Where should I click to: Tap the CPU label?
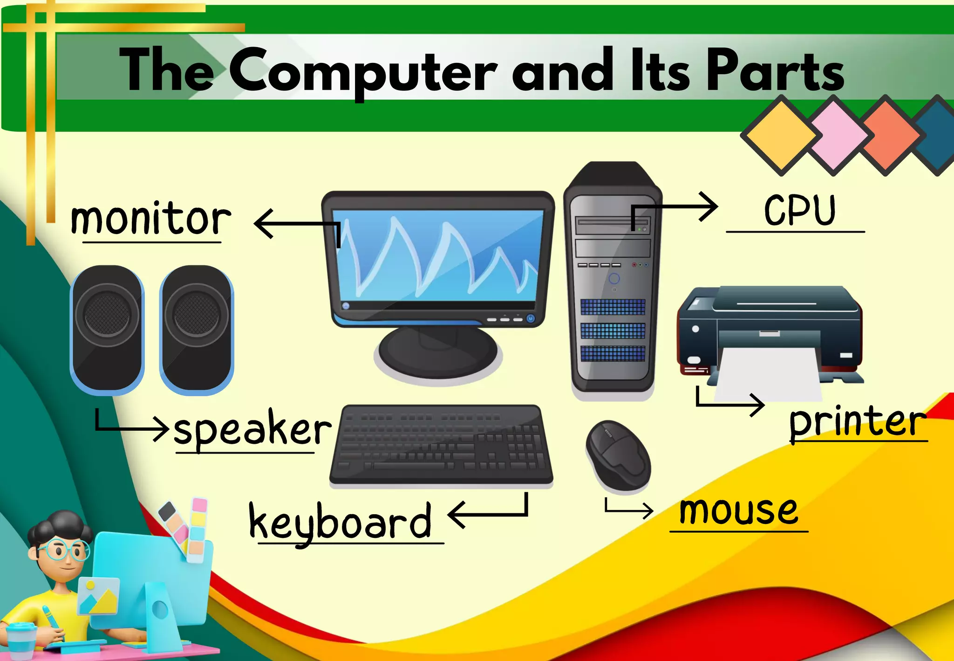point(800,211)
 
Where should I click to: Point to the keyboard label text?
point(340,522)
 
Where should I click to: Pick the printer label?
point(857,422)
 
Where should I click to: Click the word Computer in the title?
point(363,70)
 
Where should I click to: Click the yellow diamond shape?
point(781,135)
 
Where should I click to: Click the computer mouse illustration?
point(618,456)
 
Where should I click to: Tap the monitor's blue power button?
point(531,319)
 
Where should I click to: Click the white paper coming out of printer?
point(769,373)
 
